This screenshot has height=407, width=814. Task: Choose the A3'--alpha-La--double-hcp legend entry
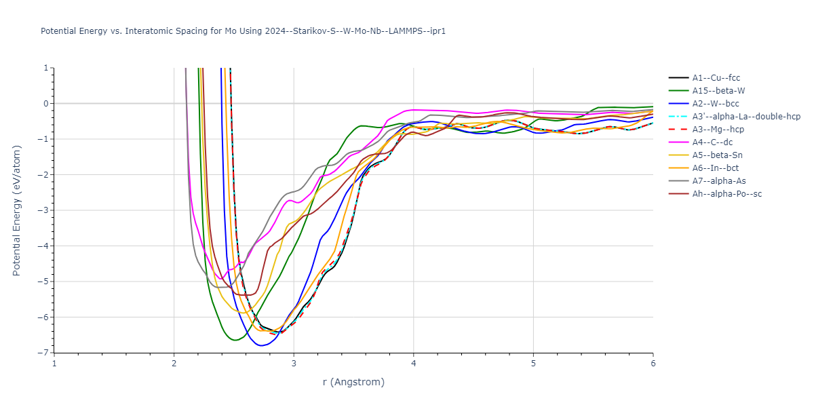click(745, 117)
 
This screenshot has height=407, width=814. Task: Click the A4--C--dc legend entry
click(714, 142)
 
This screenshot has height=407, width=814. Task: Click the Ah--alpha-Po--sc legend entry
click(726, 194)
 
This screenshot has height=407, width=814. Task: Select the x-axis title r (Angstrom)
click(353, 382)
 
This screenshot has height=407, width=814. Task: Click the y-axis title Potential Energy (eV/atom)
click(18, 210)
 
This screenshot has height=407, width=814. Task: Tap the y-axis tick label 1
click(45, 68)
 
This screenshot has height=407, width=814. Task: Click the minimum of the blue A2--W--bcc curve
click(260, 345)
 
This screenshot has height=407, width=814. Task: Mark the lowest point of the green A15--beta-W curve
click(235, 340)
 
